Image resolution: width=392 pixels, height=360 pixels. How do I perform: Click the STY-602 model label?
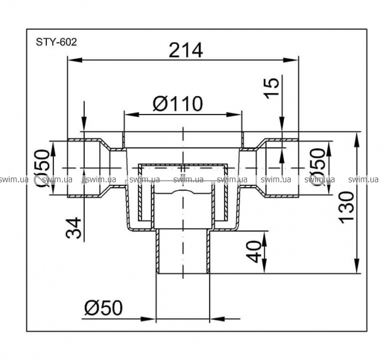click(56, 42)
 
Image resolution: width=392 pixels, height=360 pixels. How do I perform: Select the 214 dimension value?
click(185, 50)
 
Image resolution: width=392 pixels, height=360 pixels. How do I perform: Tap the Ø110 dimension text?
click(178, 104)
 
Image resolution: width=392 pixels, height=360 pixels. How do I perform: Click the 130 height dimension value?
click(346, 206)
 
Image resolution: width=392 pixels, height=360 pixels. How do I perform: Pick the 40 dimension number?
click(254, 252)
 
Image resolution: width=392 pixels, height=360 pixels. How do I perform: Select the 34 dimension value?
click(74, 228)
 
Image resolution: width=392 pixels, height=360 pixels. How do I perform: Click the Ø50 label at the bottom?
click(103, 308)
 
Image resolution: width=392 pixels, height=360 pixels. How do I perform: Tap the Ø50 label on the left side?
click(41, 168)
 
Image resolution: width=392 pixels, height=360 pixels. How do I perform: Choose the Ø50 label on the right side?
click(318, 167)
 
